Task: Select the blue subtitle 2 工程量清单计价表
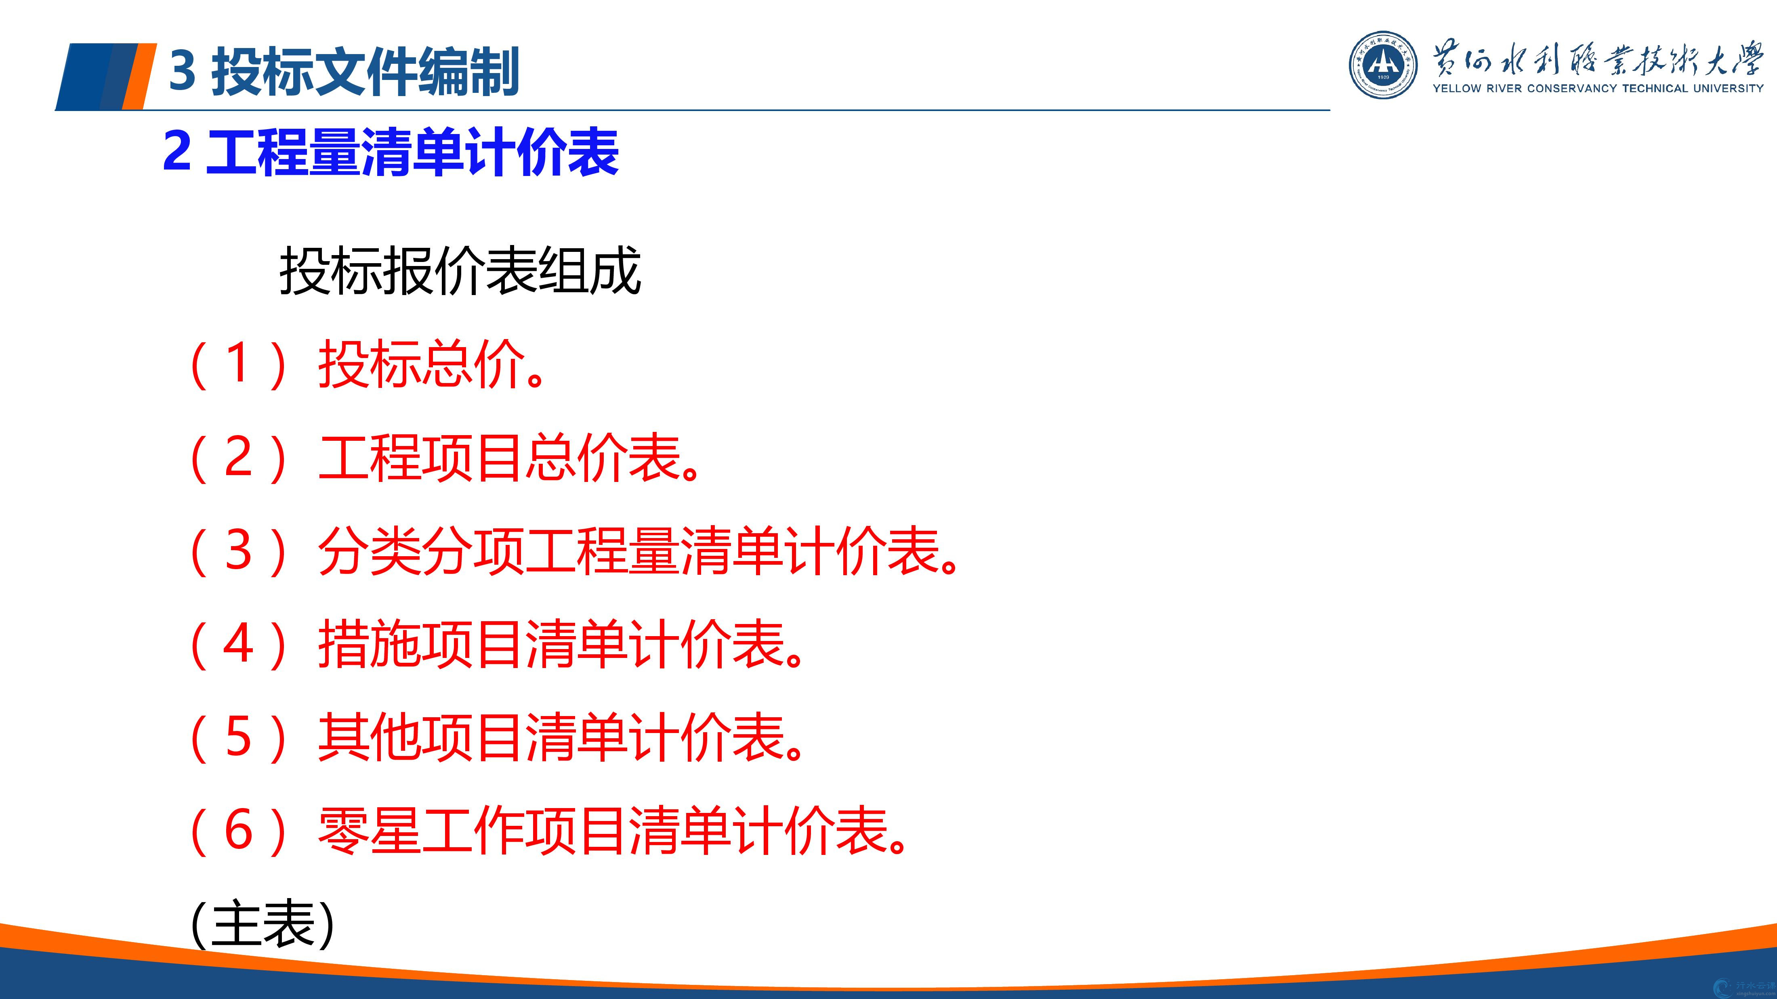(x=391, y=152)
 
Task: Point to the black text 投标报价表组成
(x=460, y=270)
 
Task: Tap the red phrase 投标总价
(x=422, y=364)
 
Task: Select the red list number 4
(x=238, y=643)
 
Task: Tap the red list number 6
(x=238, y=830)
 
